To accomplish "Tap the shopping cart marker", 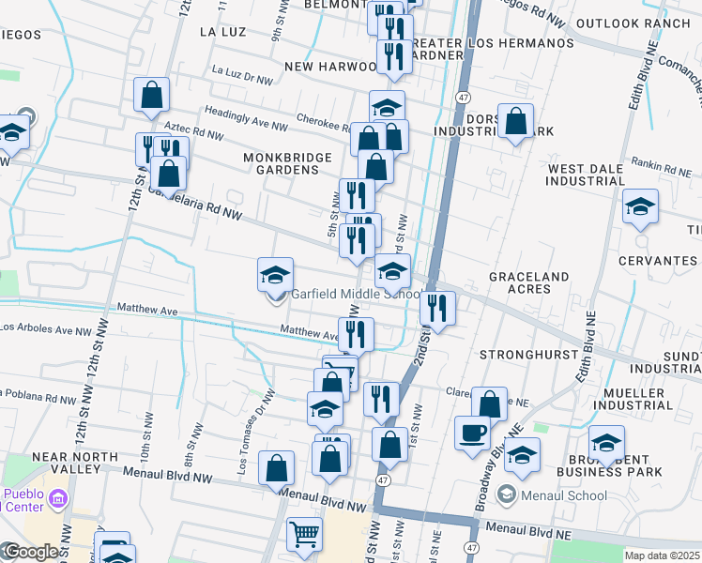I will pos(305,535).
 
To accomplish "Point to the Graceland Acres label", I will pos(528,283).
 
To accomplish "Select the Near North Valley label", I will pos(75,463).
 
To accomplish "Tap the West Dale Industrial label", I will pos(586,174).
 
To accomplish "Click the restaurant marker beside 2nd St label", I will pos(437,307).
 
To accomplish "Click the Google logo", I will pos(31,552).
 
